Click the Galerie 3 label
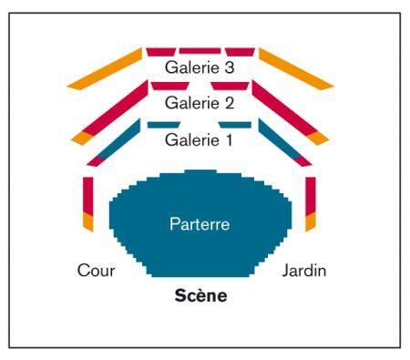[x=200, y=67]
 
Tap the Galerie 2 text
[x=200, y=103]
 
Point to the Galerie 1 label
[x=199, y=139]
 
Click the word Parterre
[x=200, y=224]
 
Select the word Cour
[x=96, y=270]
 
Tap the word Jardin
[x=304, y=270]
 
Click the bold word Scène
[x=200, y=295]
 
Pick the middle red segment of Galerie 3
[x=200, y=51]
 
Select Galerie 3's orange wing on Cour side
[x=105, y=68]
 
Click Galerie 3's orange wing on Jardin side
[x=296, y=68]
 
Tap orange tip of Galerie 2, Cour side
[x=82, y=138]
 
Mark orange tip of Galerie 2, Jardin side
[x=318, y=138]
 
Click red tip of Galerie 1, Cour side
[x=96, y=161]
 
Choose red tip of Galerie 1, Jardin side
[x=302, y=161]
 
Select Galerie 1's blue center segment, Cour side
[x=164, y=125]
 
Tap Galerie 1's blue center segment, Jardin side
[x=235, y=125]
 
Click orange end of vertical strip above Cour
[x=88, y=221]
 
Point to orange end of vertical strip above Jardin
[x=311, y=221]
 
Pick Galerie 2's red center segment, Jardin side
[x=231, y=86]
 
